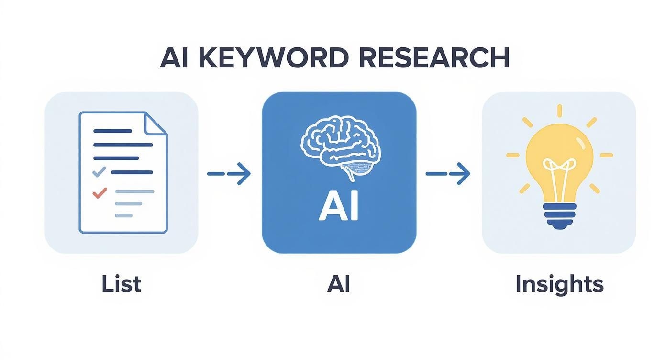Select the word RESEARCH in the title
(x=433, y=58)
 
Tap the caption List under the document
(x=122, y=284)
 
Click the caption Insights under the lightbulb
(x=559, y=284)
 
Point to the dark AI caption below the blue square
(x=339, y=284)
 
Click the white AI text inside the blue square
(x=339, y=207)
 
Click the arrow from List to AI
(x=229, y=174)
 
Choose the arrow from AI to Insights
(x=448, y=174)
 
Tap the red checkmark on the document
(x=100, y=193)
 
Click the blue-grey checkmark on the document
(x=99, y=171)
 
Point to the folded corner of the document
(x=156, y=123)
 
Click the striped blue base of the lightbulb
(x=559, y=215)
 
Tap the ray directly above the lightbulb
(x=559, y=111)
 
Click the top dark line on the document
(x=113, y=131)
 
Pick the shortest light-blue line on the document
(x=123, y=216)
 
